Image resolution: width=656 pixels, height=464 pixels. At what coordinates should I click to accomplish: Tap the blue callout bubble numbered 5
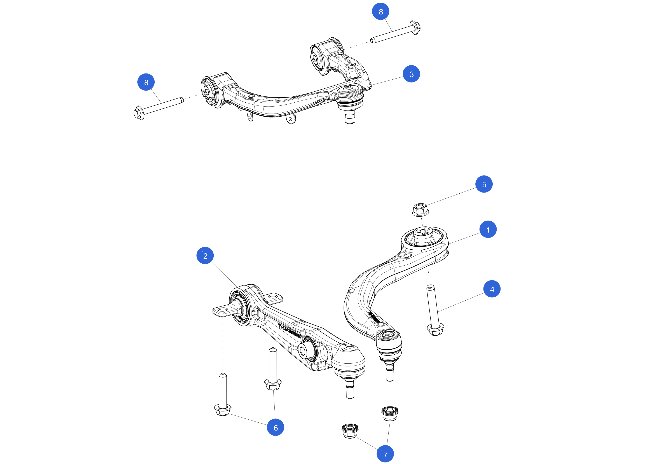484,184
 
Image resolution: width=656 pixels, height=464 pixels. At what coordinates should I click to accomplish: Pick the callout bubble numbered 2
205,256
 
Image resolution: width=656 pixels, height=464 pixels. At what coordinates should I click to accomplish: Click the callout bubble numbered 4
492,289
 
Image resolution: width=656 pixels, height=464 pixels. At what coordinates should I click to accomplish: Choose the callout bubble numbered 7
385,454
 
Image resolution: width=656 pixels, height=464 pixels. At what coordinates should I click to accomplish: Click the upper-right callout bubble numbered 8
380,11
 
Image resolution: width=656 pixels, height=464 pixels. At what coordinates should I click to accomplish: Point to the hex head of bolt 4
435,330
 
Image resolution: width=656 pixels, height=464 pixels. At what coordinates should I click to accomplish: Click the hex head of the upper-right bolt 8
415,27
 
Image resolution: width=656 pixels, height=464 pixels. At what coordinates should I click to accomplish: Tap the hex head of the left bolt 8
139,113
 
